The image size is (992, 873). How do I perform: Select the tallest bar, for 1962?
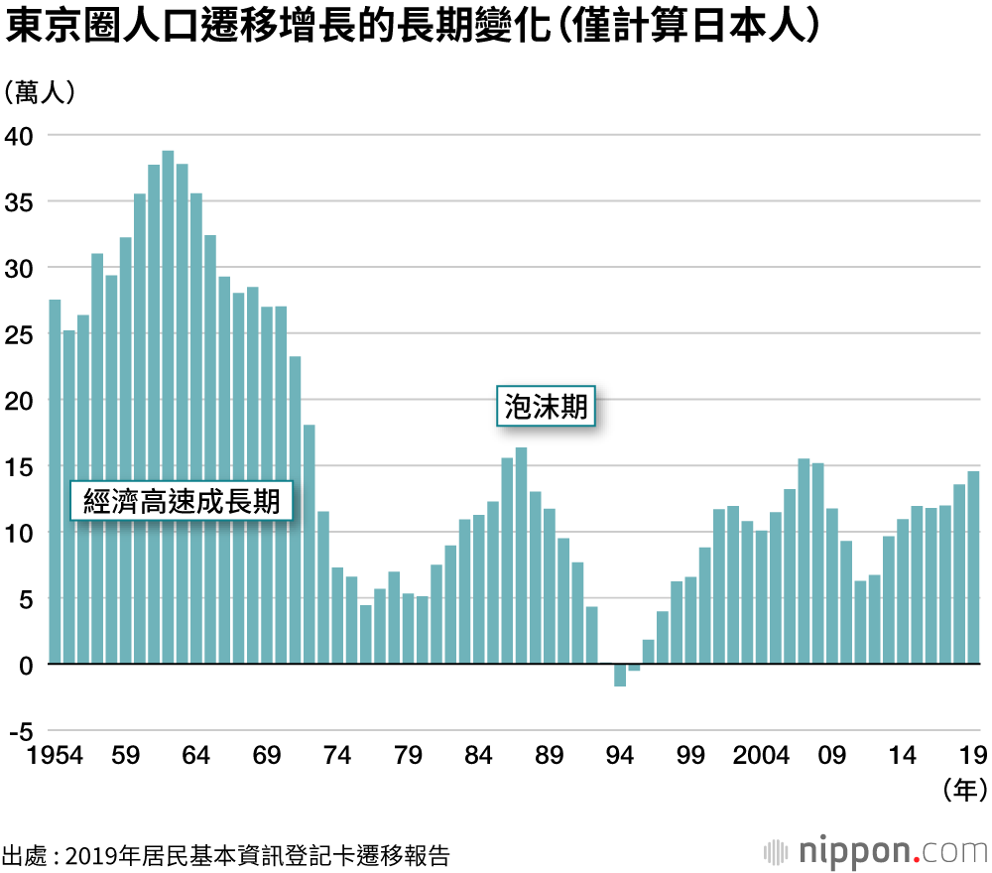pyautogui.click(x=168, y=407)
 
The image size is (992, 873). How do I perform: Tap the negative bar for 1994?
pyautogui.click(x=620, y=675)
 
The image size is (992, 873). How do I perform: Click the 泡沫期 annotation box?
pyautogui.click(x=546, y=407)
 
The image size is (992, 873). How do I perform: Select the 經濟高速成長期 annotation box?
pyautogui.click(x=182, y=499)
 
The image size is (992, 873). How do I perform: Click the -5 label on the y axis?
pyautogui.click(x=20, y=731)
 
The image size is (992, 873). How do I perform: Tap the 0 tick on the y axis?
pyautogui.click(x=27, y=665)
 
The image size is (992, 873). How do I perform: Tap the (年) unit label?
pyautogui.click(x=962, y=790)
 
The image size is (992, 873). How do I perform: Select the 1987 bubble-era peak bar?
pyautogui.click(x=521, y=556)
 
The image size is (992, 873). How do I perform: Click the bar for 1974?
pyautogui.click(x=337, y=615)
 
